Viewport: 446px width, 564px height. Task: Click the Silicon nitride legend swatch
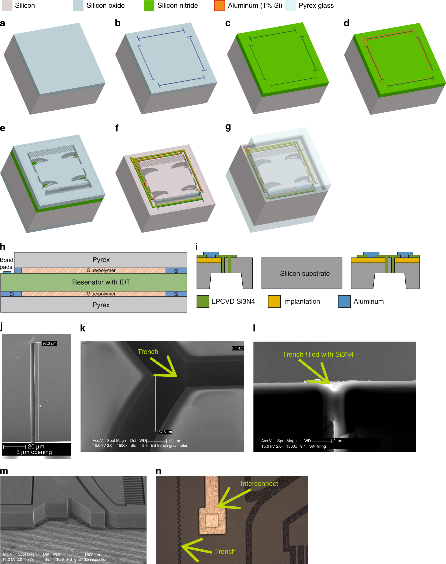[x=149, y=6]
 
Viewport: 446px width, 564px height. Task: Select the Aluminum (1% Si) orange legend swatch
[x=219, y=6]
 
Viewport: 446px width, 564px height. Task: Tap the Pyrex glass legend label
[x=316, y=6]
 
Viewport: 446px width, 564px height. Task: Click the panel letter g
[x=228, y=127]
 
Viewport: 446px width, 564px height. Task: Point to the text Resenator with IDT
[x=101, y=282]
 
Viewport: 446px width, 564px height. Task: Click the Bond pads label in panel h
[x=6, y=263]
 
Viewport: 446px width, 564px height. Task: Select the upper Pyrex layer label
[x=101, y=260]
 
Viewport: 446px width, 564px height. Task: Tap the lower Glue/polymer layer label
[x=101, y=294]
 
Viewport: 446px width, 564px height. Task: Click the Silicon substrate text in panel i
[x=305, y=273]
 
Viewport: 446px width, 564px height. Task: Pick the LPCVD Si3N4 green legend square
[x=203, y=301]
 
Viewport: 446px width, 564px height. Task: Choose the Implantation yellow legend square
[x=274, y=301]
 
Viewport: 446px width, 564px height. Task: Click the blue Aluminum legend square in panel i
[x=344, y=301]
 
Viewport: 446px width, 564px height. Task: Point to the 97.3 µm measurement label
[x=49, y=343]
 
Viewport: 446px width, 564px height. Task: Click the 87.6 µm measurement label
[x=165, y=432]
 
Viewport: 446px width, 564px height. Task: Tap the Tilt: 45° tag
[x=237, y=348]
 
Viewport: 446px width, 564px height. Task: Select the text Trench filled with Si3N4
[x=318, y=354]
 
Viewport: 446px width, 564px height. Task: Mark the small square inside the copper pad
[x=212, y=520]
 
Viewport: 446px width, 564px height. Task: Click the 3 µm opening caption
[x=34, y=452]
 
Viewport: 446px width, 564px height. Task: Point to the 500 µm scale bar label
[x=93, y=555]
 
